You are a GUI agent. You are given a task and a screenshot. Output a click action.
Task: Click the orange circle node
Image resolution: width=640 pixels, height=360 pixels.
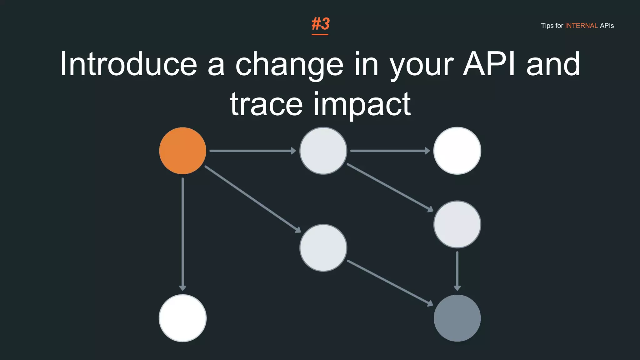click(x=182, y=151)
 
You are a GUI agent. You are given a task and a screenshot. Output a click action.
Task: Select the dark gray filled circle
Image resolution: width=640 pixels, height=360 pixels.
click(x=457, y=318)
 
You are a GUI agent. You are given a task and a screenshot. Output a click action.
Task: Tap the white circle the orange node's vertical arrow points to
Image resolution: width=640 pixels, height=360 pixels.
click(x=182, y=318)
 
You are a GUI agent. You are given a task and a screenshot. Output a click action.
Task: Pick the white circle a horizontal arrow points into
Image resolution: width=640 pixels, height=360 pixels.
click(x=457, y=151)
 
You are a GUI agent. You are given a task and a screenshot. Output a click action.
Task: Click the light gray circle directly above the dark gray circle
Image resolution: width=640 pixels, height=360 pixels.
click(x=457, y=224)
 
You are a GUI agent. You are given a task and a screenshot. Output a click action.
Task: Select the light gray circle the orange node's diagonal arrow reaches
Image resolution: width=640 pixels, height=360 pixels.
click(x=323, y=248)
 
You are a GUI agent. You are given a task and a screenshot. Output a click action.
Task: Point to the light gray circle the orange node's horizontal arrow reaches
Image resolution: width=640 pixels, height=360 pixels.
click(x=323, y=151)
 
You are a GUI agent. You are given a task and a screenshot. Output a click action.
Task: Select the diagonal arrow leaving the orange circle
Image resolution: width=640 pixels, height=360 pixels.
click(x=252, y=199)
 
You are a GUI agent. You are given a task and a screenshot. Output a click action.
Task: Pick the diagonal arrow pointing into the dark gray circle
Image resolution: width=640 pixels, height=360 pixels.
click(x=390, y=283)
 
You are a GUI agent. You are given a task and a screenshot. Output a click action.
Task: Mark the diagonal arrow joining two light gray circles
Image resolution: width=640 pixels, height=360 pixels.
click(x=390, y=187)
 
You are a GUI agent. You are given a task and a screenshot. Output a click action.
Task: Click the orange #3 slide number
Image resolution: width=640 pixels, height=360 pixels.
click(x=320, y=24)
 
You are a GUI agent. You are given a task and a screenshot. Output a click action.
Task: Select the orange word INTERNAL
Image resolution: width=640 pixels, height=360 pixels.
click(x=581, y=26)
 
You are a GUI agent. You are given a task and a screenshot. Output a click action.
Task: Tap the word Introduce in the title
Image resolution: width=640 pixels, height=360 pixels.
click(x=128, y=64)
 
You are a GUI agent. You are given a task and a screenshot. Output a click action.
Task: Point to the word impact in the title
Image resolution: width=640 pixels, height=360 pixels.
click(x=362, y=105)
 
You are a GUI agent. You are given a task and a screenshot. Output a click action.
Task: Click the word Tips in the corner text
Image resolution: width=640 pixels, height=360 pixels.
click(x=547, y=26)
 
